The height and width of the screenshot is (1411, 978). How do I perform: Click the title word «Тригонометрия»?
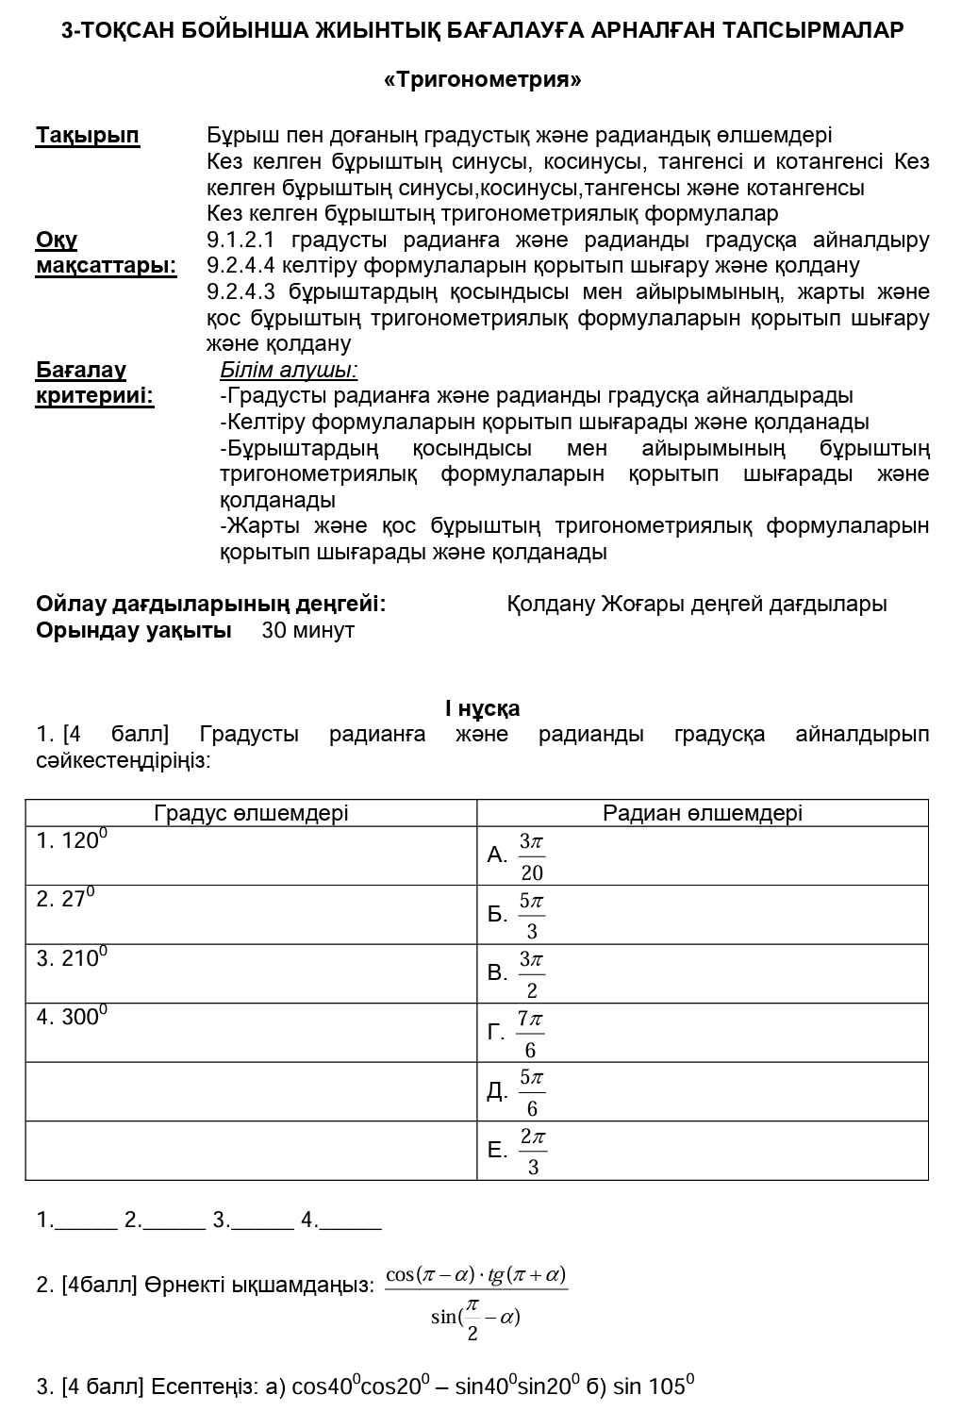pos(482,79)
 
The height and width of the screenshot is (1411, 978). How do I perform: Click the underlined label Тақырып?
pos(88,136)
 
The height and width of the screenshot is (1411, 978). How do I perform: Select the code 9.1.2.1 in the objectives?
pos(241,241)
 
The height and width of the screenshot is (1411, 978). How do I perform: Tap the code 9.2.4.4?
pos(241,266)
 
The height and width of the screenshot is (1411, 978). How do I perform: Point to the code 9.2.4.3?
pos(241,292)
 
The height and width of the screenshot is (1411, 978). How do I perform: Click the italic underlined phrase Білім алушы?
pos(289,370)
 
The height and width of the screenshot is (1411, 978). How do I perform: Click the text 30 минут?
pos(307,630)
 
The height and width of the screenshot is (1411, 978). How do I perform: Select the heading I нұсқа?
pos(482,708)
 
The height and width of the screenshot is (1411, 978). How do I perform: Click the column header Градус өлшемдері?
pos(251,813)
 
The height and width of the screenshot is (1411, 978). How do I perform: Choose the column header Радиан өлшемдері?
pos(703,813)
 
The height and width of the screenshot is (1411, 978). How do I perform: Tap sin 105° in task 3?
pos(653,1386)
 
